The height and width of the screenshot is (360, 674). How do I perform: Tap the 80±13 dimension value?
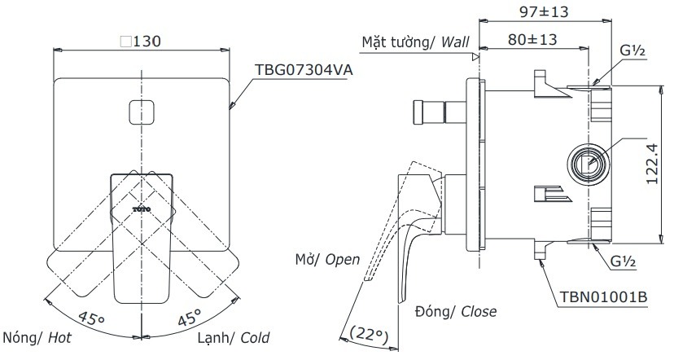pyautogui.click(x=532, y=39)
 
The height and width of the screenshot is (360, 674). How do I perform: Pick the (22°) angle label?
pyautogui.click(x=367, y=332)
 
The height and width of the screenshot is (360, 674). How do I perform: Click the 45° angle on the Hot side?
pyautogui.click(x=91, y=317)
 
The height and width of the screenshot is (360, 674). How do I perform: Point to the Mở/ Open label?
pyautogui.click(x=327, y=259)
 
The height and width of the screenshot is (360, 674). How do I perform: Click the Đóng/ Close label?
pyautogui.click(x=455, y=311)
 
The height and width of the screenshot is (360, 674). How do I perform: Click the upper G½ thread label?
pyautogui.click(x=632, y=50)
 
